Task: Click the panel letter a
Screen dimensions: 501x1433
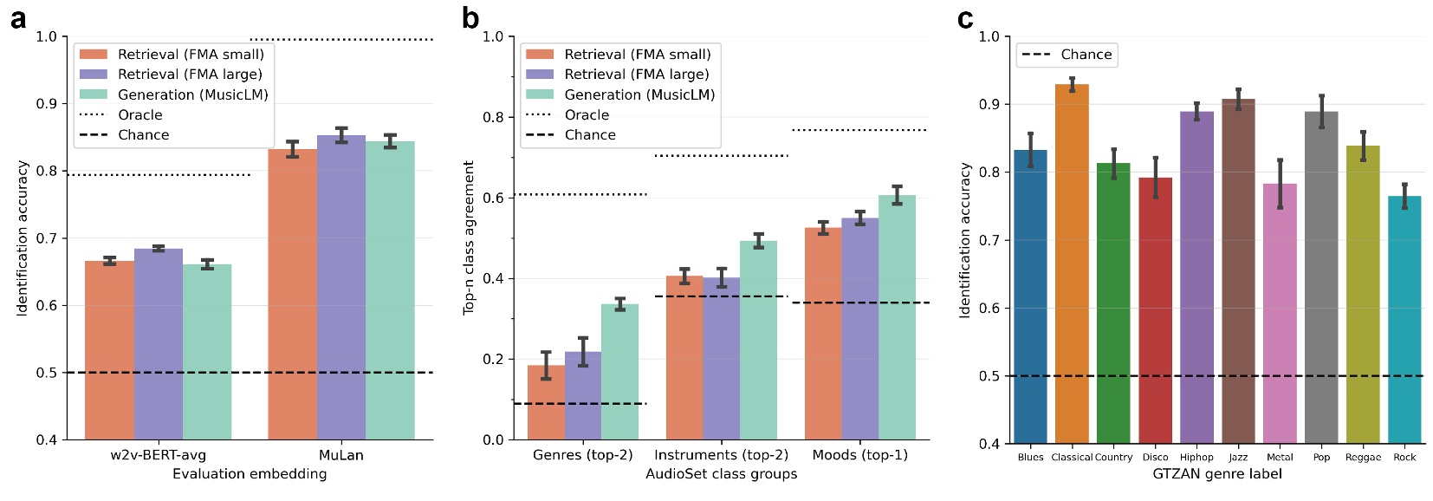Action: click(17, 18)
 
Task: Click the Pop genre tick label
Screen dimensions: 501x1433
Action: click(1321, 457)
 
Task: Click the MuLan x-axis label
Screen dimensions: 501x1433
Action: click(340, 455)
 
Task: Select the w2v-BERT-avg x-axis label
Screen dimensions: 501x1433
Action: click(159, 455)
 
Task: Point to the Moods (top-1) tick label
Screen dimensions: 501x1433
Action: click(859, 455)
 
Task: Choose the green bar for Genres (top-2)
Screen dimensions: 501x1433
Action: click(619, 372)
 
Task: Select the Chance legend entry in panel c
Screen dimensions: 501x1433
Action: click(1067, 55)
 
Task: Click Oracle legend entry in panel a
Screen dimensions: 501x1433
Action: click(139, 114)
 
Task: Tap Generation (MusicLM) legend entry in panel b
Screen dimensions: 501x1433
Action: click(639, 94)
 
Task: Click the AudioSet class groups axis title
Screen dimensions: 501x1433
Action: click(721, 474)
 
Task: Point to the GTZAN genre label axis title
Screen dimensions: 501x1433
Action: click(1216, 474)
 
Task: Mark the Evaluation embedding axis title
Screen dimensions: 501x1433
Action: click(250, 474)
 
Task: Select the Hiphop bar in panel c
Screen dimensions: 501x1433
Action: click(1196, 277)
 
